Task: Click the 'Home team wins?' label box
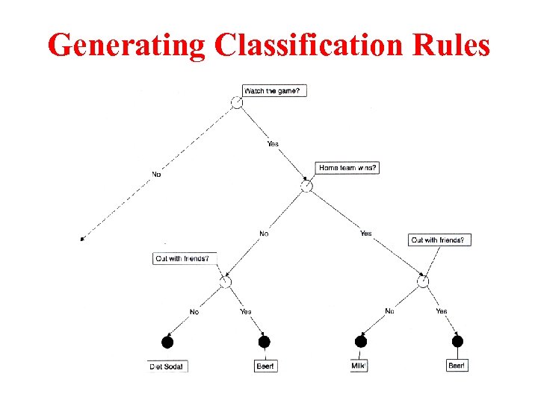pos(347,168)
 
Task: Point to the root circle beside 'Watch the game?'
pos(236,102)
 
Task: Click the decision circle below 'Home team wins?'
pos(306,186)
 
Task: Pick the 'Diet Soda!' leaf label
pos(167,366)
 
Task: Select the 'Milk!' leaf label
pos(359,366)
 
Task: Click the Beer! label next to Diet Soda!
pos(265,366)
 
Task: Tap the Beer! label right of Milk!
pos(457,366)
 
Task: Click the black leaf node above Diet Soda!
pos(167,342)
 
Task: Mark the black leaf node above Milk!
pos(361,341)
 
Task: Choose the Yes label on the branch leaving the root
pos(273,144)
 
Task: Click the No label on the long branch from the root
pos(156,174)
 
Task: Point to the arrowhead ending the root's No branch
pos(82,239)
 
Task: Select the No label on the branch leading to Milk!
pos(389,310)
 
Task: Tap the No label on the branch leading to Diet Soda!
pos(194,312)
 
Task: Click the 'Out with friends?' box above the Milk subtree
pos(440,240)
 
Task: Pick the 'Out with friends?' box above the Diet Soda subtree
pos(186,259)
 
